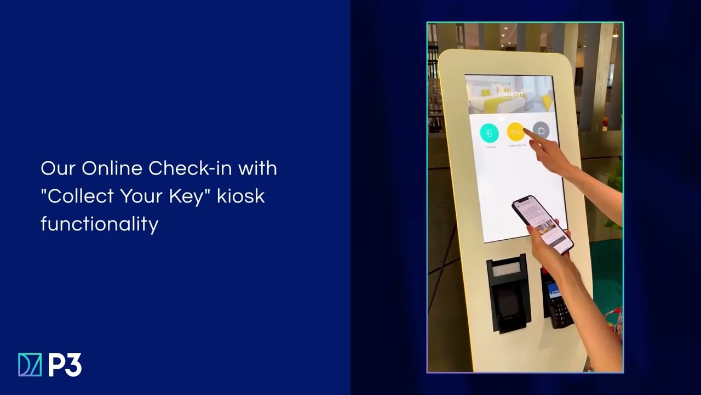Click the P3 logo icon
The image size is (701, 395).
(x=30, y=365)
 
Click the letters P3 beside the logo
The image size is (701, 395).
(x=65, y=365)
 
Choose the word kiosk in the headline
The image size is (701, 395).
(x=241, y=196)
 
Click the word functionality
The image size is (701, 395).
(x=99, y=223)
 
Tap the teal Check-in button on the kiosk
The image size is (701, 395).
(x=489, y=133)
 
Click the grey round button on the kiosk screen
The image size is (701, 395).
(x=541, y=131)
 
